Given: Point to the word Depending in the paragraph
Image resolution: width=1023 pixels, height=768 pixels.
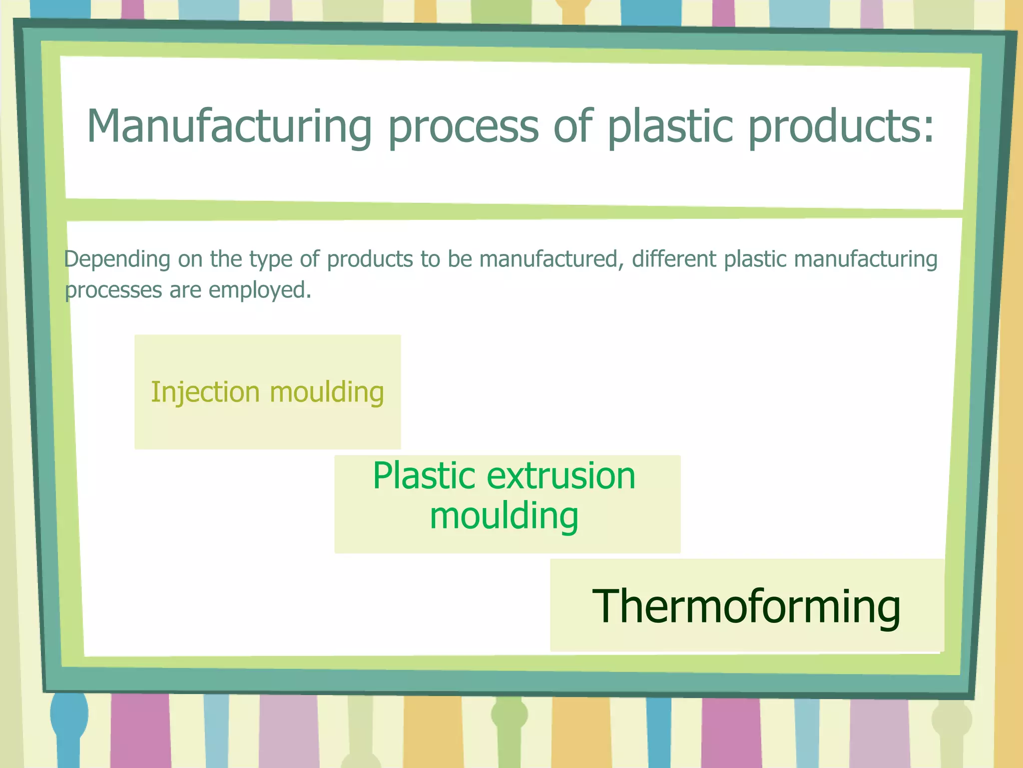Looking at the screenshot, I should coord(117,259).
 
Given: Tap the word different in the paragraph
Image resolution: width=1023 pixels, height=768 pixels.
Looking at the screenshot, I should coord(674,259).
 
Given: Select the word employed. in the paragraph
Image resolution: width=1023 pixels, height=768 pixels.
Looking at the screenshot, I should coord(260,290).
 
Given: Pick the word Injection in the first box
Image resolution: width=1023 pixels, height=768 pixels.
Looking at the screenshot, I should coord(205,392).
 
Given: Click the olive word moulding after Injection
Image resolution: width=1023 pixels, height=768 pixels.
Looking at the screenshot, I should coord(327,392).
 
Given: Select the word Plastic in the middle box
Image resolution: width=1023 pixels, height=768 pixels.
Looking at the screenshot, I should coord(424,475).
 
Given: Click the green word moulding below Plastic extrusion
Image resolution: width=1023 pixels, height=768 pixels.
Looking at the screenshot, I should coord(504,516).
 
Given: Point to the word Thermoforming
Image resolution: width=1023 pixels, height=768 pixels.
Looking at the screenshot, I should coord(746,606).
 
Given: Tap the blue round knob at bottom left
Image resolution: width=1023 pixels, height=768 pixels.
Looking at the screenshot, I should coord(69,714).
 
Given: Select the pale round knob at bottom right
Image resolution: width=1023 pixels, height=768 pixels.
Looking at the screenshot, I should coord(952,719).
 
